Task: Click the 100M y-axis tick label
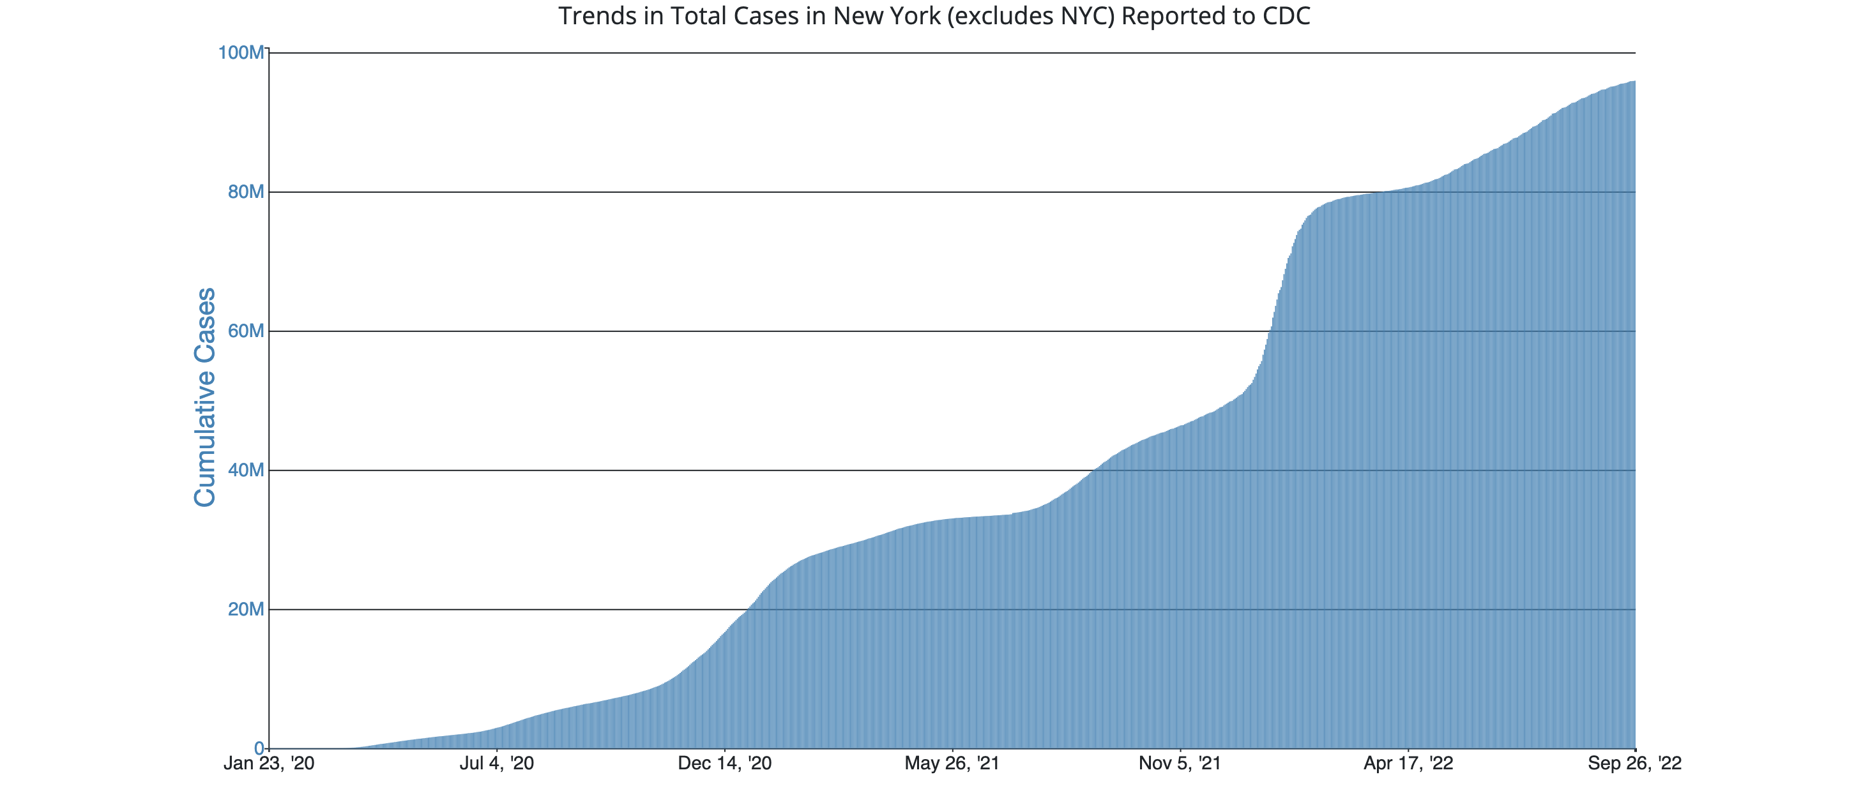[x=241, y=53]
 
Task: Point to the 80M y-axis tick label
[x=245, y=192]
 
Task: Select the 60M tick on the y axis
[x=245, y=331]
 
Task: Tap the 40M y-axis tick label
[x=245, y=471]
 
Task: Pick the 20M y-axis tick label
[x=245, y=610]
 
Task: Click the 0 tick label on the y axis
[x=259, y=748]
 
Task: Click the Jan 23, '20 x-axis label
[x=269, y=764]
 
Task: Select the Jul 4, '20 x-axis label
[x=496, y=764]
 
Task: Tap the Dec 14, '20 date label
[x=724, y=764]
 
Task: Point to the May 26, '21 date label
[x=952, y=764]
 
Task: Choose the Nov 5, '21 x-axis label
[x=1180, y=764]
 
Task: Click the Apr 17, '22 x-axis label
[x=1408, y=764]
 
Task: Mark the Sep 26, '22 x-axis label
[x=1635, y=764]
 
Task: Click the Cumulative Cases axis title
[x=206, y=397]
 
